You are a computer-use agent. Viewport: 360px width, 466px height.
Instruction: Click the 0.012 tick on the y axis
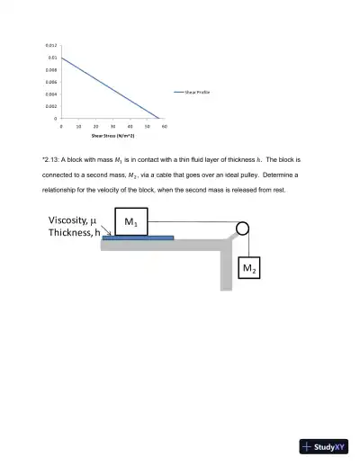coord(52,45)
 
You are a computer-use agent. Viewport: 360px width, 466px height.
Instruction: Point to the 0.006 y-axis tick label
coord(52,81)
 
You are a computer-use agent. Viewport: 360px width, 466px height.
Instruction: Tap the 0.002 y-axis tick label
coord(52,106)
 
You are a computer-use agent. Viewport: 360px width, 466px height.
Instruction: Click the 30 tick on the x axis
coord(113,127)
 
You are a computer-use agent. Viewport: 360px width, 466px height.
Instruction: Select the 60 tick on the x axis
coord(166,127)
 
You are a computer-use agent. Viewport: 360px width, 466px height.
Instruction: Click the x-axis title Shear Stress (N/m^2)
coord(112,136)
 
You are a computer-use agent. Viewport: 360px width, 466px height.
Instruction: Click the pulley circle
coord(242,229)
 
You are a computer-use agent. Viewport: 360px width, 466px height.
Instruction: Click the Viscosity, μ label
coord(73,220)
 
